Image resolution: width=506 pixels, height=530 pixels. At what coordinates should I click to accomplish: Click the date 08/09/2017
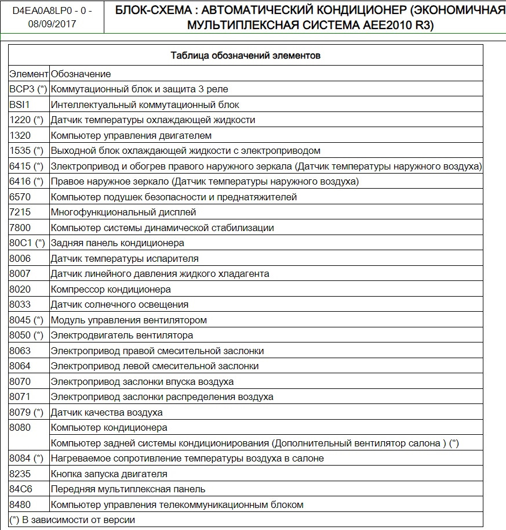(52, 24)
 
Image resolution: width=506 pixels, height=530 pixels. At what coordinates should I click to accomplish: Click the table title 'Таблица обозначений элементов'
(246, 56)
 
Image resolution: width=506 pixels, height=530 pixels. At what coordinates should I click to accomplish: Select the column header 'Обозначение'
(81, 74)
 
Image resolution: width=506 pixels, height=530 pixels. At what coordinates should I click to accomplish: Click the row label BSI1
(19, 104)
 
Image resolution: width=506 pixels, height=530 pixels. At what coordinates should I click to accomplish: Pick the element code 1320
(20, 135)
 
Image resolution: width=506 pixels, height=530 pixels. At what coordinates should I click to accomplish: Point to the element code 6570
(20, 197)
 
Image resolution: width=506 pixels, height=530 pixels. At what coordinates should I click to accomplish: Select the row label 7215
(20, 212)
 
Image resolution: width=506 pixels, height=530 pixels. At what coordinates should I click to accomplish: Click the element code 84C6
(20, 489)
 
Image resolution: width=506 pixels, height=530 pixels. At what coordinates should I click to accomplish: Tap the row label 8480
(20, 504)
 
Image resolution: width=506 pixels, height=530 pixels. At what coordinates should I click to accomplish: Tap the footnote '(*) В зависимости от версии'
(72, 520)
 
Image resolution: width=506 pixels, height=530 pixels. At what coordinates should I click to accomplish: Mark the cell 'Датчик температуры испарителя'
(125, 258)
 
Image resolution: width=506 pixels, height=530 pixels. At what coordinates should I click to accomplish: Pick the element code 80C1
(21, 243)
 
